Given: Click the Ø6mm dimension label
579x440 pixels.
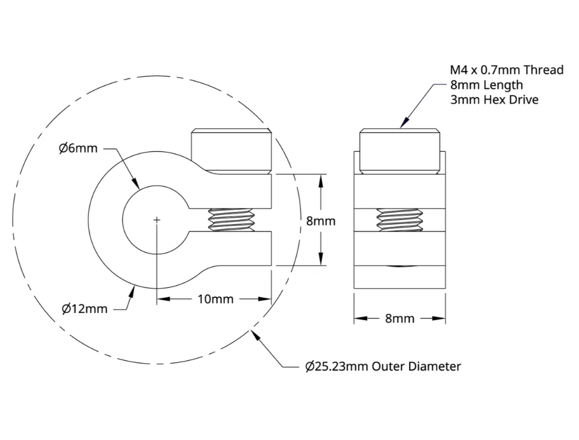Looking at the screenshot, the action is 78,148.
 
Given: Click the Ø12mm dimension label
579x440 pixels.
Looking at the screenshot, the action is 85,309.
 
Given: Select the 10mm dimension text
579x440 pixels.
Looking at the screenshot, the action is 216,299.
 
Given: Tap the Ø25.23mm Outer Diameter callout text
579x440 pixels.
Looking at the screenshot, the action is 384,367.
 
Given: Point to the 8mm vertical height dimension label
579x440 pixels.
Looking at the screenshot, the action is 321,221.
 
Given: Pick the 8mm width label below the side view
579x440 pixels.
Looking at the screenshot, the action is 400,318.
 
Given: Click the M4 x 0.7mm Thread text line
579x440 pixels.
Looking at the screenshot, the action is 507,70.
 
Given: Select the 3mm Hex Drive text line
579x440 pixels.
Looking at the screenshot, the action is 494,100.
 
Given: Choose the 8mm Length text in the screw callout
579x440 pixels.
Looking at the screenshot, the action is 486,85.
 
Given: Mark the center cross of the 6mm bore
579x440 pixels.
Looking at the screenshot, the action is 157,220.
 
